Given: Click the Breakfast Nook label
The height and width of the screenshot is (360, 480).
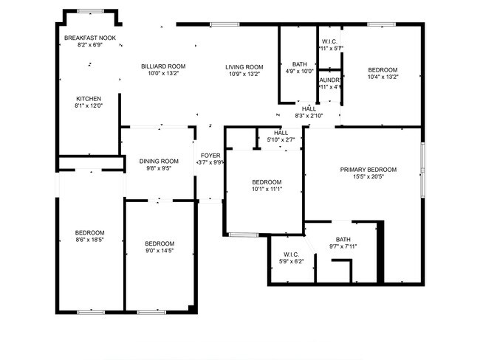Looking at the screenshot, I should tap(89, 37).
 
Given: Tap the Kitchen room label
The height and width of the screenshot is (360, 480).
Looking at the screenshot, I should tap(89, 99).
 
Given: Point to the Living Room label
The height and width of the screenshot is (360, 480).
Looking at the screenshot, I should tap(244, 66).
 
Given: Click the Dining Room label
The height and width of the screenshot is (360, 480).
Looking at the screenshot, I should tap(160, 161).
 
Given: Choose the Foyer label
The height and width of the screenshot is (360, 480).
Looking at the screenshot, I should tap(210, 155).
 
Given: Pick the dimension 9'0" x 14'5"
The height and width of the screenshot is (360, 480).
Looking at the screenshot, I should tap(160, 252).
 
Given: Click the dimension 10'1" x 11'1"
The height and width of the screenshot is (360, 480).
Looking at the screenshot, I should tap(267, 190).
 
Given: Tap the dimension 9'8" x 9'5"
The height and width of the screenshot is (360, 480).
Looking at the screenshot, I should tap(160, 168).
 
